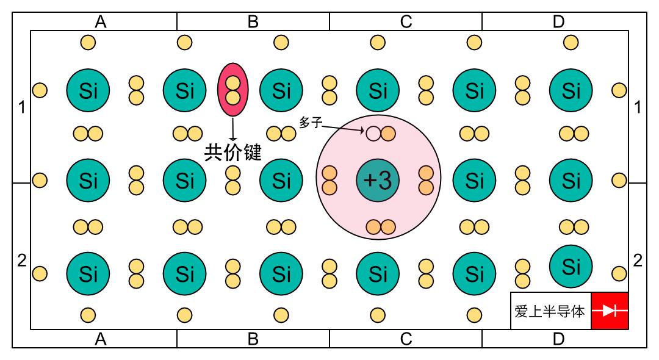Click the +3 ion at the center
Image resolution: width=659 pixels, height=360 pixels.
378,181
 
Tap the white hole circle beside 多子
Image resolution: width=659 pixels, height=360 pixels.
373,134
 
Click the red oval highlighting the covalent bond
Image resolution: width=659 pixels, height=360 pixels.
233,90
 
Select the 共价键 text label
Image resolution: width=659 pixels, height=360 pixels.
233,152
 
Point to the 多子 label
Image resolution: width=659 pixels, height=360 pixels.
311,123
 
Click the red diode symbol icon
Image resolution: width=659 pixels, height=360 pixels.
610,311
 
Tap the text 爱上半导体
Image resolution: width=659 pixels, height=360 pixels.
550,311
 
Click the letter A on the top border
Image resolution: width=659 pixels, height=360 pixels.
101,21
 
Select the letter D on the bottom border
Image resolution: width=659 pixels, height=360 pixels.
558,339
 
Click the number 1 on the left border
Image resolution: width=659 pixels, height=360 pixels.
22,107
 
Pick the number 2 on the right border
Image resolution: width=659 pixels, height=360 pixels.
638,261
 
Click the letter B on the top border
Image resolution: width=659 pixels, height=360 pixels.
253,21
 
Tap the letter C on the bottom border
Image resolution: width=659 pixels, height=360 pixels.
406,339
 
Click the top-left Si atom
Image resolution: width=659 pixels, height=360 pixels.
88,90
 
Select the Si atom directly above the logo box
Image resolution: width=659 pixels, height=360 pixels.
571,267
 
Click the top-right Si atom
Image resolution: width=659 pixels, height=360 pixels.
571,90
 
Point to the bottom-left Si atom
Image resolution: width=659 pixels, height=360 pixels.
88,274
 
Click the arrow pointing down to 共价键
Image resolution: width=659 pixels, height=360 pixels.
233,129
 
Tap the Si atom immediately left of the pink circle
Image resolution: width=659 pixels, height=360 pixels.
281,181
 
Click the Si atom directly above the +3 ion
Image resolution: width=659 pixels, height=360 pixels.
378,90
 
